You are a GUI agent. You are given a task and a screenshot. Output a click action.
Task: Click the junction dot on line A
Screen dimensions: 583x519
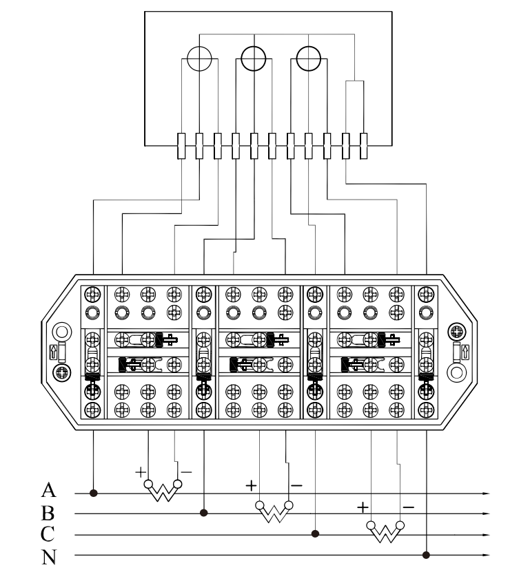tap(93, 493)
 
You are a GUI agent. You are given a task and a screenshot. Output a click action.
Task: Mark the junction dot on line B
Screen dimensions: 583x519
tap(204, 513)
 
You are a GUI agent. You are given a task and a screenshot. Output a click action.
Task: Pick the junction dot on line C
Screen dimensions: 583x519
tap(316, 533)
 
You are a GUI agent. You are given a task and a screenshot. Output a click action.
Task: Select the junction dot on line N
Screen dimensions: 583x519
tap(427, 554)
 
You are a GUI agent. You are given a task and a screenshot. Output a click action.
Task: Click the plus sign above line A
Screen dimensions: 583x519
tap(139, 472)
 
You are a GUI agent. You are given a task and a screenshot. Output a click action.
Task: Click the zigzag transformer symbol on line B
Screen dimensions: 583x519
tap(274, 511)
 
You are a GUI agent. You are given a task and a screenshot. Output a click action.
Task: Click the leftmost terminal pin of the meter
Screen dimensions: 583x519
tap(181, 145)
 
